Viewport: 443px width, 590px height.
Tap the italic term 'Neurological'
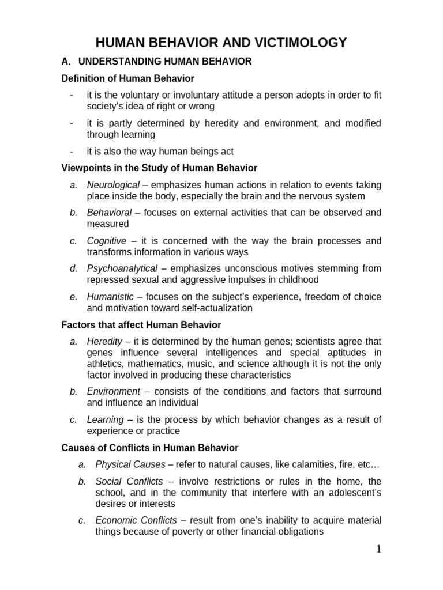point(113,185)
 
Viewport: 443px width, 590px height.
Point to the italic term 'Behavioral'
point(109,213)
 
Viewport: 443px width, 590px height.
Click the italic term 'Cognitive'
point(106,240)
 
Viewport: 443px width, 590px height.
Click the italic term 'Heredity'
point(103,341)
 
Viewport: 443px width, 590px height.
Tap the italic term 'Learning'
point(105,419)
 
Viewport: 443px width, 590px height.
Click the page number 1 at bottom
point(379,549)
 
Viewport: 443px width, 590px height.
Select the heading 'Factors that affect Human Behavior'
point(141,325)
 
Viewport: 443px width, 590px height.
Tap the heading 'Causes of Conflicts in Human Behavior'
point(149,448)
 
